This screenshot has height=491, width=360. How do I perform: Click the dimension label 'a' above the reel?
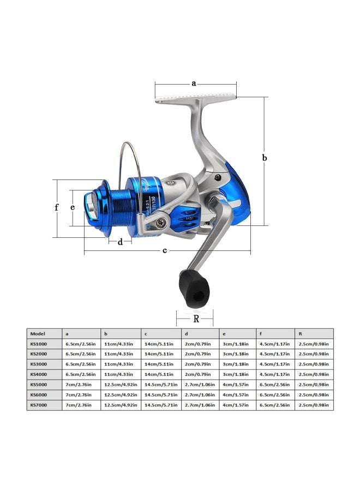coord(194,83)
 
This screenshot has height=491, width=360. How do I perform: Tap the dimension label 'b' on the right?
coord(265,158)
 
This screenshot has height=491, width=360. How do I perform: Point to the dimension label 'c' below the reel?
coord(165,250)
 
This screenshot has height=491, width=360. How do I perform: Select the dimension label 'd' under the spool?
coord(121,242)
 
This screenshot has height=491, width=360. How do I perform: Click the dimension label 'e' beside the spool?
coord(73,207)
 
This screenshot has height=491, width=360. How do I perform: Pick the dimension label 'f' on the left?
coord(57,208)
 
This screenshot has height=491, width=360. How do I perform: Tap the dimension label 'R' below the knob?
coord(195,318)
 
